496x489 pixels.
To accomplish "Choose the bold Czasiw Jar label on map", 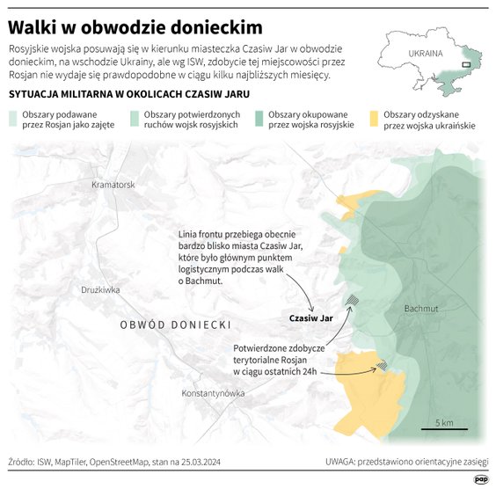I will tap(311, 317).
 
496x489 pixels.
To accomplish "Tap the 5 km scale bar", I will tap(443, 428).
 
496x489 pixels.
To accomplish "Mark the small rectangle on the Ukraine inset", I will tap(468, 63).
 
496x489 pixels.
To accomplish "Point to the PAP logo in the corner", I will tap(481, 478).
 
